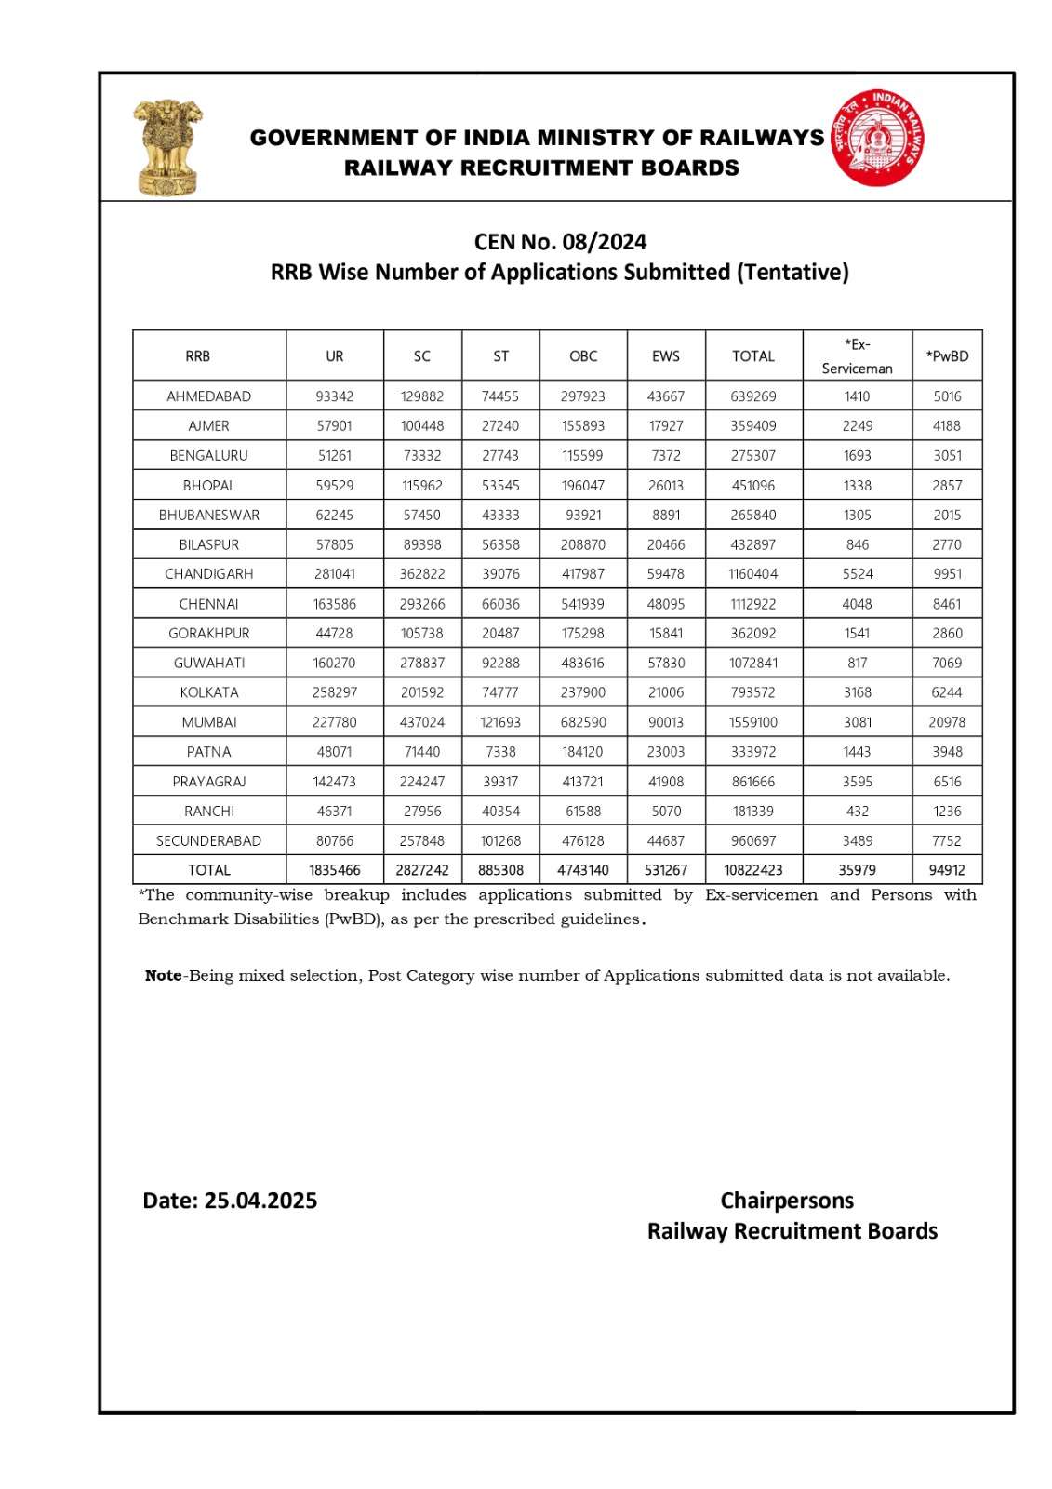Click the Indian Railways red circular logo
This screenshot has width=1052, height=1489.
(877, 139)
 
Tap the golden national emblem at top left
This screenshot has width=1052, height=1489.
(167, 147)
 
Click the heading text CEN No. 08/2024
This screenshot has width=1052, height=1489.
(560, 242)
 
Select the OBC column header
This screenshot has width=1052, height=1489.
(583, 356)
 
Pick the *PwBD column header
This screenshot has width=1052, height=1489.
(947, 356)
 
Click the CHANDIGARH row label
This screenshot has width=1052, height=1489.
(209, 574)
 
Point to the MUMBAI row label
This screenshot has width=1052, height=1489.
(209, 722)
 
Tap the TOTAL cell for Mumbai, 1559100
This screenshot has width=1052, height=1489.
(753, 722)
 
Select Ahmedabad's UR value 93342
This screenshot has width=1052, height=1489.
(335, 396)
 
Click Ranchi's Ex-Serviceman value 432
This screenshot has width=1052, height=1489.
(858, 812)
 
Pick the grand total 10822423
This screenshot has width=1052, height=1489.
(753, 870)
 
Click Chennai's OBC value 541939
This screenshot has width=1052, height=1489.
(583, 604)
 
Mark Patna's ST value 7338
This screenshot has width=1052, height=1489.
(500, 752)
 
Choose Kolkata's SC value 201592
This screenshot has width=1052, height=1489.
(422, 692)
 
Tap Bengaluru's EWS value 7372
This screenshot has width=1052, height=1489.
(666, 456)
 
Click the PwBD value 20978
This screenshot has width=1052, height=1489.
(947, 722)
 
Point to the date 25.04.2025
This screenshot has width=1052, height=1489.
(260, 1201)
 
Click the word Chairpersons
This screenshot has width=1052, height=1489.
(787, 1201)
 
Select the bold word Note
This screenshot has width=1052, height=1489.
(164, 976)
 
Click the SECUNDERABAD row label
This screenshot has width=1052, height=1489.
(209, 841)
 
